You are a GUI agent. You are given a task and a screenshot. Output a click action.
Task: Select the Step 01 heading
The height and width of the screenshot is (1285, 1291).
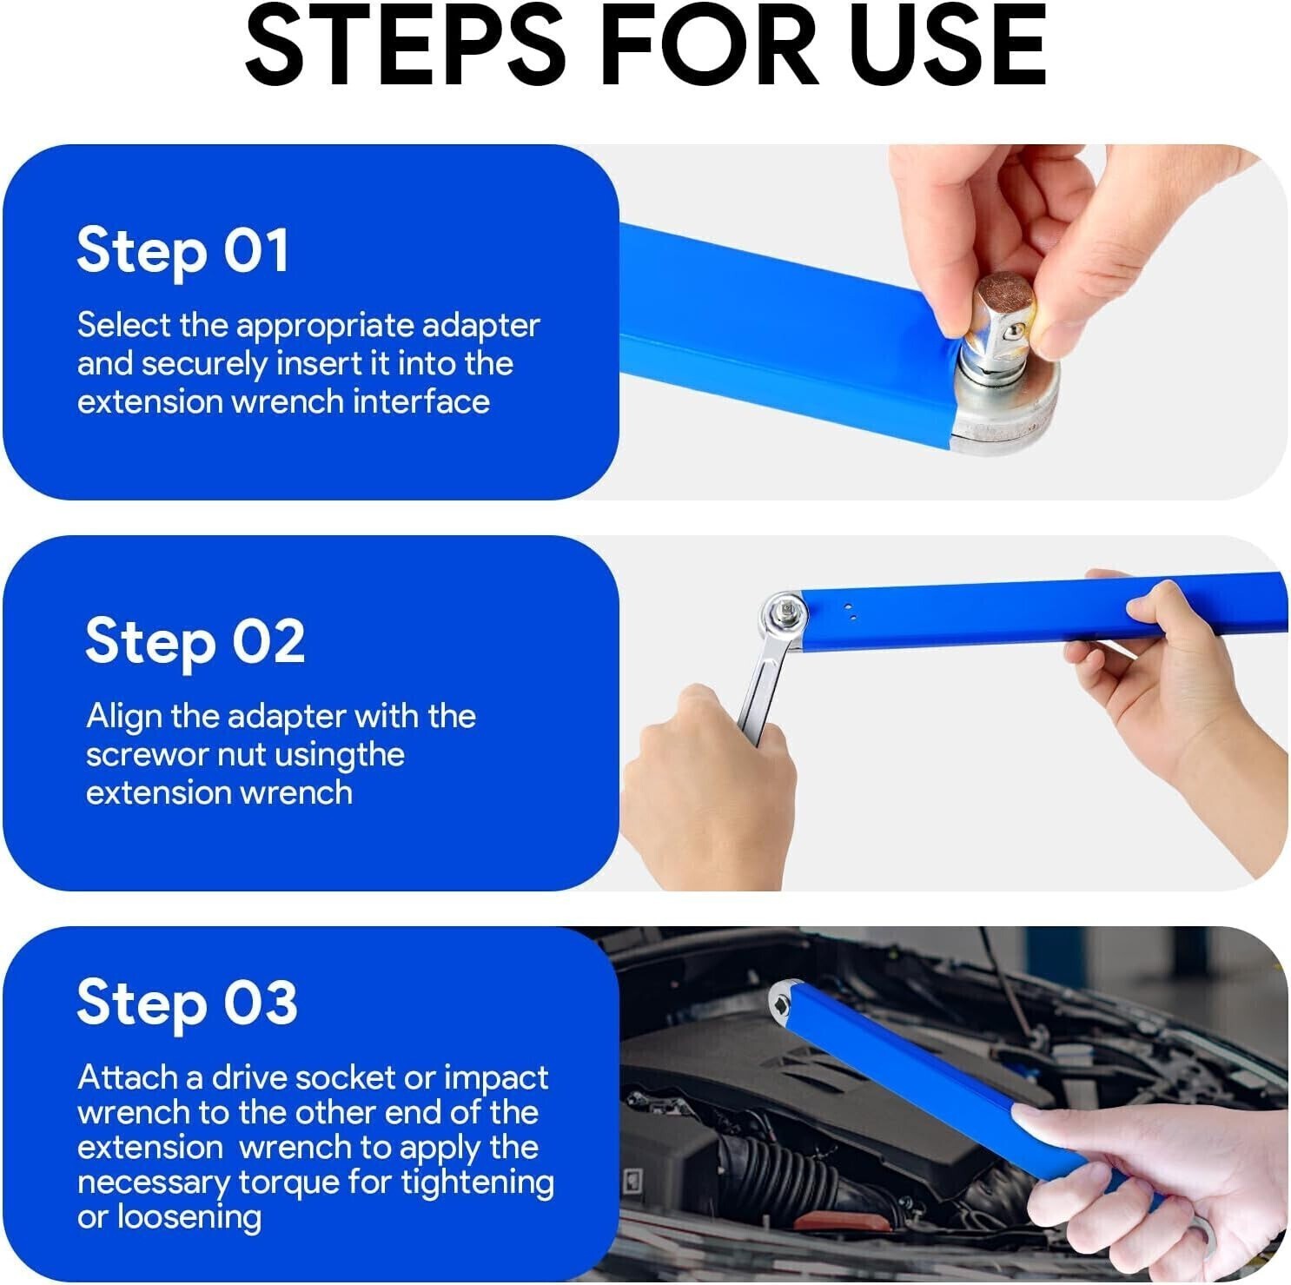182,252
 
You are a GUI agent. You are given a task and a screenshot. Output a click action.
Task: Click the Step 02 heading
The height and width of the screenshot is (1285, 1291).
195,643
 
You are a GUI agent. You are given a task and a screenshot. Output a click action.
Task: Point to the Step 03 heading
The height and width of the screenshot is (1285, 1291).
187,1003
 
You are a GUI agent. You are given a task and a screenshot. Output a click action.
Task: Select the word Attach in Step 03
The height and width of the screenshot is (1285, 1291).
128,1077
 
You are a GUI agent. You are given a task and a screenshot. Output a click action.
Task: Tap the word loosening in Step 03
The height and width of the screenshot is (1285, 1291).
189,1217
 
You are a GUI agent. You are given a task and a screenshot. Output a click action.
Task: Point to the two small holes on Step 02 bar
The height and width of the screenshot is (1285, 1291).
851,613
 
